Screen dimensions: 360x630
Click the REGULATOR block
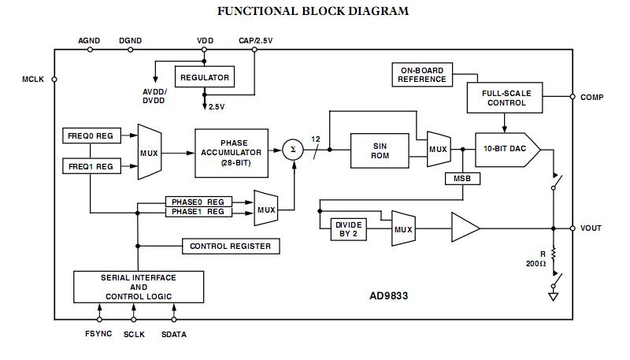pyautogui.click(x=204, y=77)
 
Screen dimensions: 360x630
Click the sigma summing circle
pyautogui.click(x=293, y=149)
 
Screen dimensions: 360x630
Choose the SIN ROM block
pyautogui.click(x=380, y=150)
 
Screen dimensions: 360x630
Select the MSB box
pyautogui.click(x=460, y=179)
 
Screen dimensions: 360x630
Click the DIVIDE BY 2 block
pyautogui.click(x=349, y=229)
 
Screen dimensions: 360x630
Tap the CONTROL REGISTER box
pyautogui.click(x=230, y=247)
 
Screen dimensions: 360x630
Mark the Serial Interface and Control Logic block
pyautogui.click(x=138, y=287)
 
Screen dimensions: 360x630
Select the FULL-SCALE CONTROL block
pyautogui.click(x=506, y=98)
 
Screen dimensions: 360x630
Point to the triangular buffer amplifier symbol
pyautogui.click(x=465, y=228)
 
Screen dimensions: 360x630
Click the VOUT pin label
pyautogui.click(x=591, y=228)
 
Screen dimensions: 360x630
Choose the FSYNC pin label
pyautogui.click(x=98, y=334)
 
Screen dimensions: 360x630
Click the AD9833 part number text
pyautogui.click(x=388, y=297)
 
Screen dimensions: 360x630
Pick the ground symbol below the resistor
pyautogui.click(x=553, y=298)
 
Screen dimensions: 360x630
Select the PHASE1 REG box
pyautogui.click(x=198, y=212)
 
